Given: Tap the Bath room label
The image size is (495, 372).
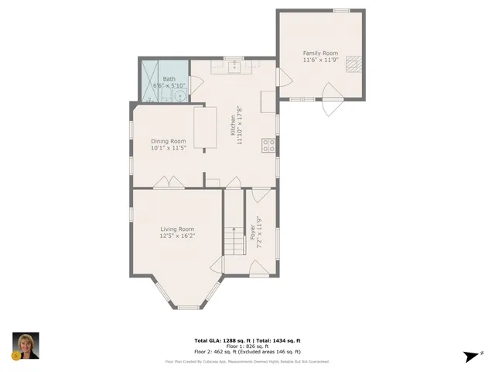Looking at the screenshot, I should click(x=169, y=78).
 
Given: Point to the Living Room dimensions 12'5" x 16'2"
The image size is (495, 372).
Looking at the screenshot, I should click(x=177, y=236).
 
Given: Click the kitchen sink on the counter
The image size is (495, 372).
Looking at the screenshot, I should click(x=235, y=67).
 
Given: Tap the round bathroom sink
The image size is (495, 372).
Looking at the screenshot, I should click(x=179, y=96).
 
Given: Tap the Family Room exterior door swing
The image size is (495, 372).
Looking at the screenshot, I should click(x=330, y=104).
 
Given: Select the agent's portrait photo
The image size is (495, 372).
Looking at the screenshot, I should click(x=26, y=346).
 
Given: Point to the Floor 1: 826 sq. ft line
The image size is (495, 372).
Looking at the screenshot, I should click(x=247, y=346).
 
